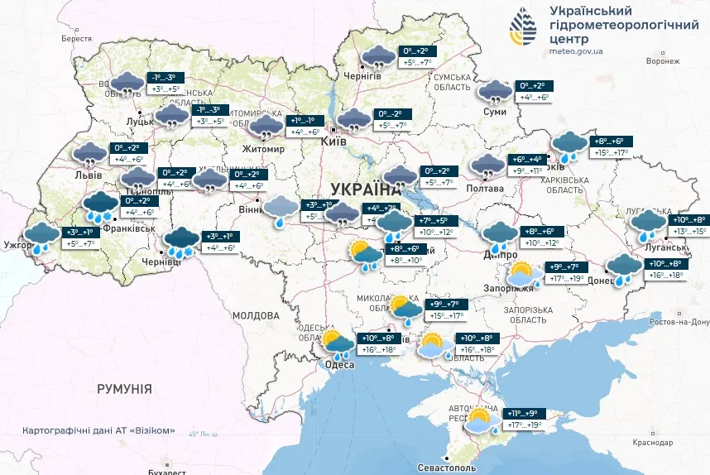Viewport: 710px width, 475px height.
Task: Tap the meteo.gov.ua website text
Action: [576, 50]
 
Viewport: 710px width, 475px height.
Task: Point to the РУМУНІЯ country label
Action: [124, 388]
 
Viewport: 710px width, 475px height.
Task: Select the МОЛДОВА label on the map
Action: [256, 316]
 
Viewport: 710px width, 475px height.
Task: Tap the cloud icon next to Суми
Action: [496, 93]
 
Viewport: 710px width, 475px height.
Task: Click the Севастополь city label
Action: [446, 468]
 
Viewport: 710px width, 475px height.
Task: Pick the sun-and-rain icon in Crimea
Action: [481, 420]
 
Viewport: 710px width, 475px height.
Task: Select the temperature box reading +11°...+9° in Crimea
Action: [522, 413]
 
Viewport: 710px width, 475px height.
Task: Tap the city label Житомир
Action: [262, 149]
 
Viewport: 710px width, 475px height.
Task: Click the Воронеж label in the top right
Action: [663, 61]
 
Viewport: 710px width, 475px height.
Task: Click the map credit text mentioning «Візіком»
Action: [100, 430]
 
